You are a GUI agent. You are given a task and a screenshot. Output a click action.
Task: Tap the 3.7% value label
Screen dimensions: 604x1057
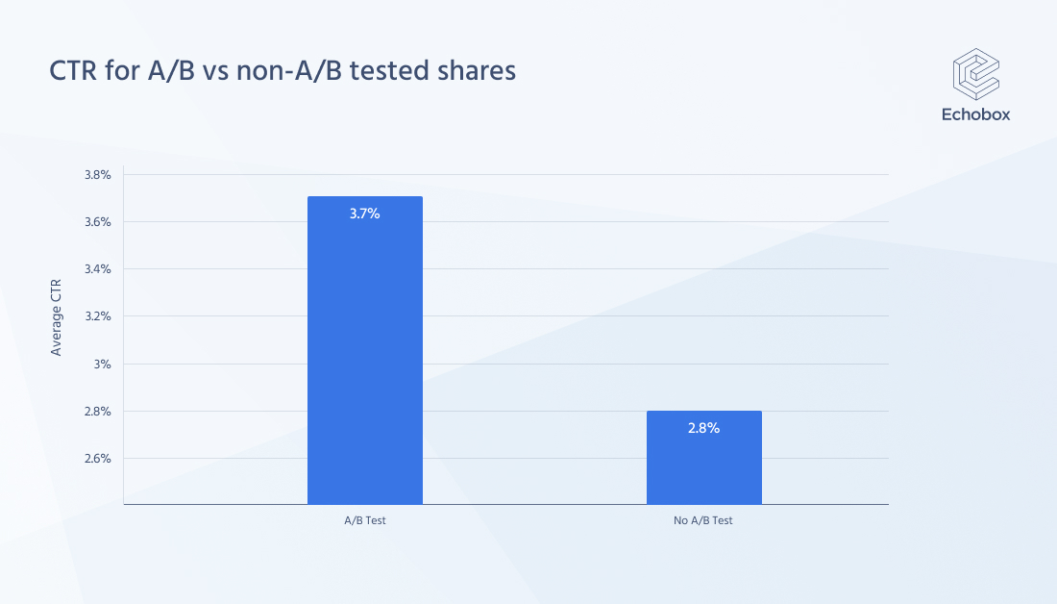pos(364,214)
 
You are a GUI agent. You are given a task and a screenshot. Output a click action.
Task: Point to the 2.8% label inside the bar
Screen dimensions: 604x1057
pos(703,428)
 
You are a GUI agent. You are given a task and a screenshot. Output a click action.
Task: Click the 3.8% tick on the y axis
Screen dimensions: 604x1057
pos(98,175)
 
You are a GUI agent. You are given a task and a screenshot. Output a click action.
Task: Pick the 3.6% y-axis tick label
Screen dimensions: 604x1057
pos(98,222)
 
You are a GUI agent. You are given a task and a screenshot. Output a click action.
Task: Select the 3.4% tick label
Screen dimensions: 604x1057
pos(98,269)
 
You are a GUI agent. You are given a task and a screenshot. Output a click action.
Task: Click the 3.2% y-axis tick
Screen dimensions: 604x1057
pos(98,316)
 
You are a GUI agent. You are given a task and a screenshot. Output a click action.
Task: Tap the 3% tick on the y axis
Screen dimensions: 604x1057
pos(104,365)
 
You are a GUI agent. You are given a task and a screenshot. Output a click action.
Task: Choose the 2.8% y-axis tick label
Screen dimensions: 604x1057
pos(98,412)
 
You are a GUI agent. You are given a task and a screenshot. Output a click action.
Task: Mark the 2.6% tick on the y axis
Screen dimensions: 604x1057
pos(98,459)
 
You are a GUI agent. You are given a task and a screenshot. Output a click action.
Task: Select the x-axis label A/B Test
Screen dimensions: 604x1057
pos(364,520)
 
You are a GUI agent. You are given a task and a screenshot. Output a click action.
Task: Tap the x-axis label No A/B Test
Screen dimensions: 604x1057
pos(703,520)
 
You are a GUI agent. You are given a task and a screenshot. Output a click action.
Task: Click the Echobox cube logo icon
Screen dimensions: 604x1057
pos(975,74)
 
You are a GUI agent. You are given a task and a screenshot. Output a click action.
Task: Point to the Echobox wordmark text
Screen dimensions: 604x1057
pos(975,114)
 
